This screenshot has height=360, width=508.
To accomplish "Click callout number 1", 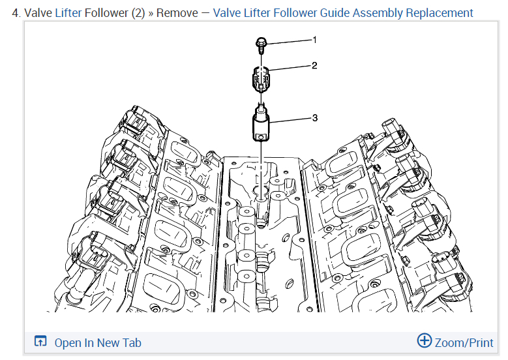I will click(314, 40).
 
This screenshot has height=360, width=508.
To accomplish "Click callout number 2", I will click(314, 66).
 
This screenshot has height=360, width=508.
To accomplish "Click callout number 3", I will click(314, 118).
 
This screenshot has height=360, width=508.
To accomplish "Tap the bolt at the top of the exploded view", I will click(260, 44).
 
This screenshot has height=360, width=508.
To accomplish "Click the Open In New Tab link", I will click(97, 342).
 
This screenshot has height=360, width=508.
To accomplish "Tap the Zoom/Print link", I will click(464, 342).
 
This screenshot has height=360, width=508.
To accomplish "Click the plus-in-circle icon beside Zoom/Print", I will click(425, 340).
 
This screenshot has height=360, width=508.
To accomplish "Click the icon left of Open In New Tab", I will click(40, 342).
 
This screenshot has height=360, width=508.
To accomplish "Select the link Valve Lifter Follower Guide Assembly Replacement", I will click(343, 12).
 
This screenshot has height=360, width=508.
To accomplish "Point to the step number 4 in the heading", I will click(16, 12).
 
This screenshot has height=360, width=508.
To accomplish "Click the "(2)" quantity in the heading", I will click(138, 12).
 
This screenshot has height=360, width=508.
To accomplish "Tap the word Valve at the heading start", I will click(38, 12).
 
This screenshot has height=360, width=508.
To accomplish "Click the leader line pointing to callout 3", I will click(290, 120).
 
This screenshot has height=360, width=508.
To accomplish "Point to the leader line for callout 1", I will click(290, 42).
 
